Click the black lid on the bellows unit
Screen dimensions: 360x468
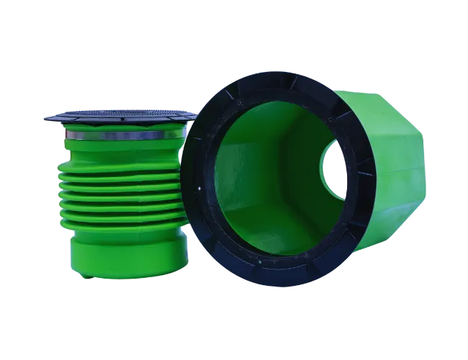(x=119, y=116)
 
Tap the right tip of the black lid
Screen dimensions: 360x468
(x=193, y=113)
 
